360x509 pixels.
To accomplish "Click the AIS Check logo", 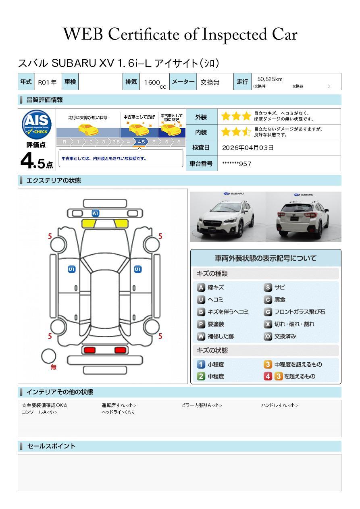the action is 37,125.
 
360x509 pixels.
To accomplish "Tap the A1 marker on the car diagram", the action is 96,213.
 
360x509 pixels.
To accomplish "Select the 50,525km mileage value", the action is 270,79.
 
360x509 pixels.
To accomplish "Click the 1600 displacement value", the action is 152,82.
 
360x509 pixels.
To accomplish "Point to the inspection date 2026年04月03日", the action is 248,148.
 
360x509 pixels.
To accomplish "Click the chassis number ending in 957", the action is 237,164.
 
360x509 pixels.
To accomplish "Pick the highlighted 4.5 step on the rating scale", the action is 141,142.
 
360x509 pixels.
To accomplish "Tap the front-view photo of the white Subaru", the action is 228,217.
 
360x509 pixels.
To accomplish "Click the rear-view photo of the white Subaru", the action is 304,217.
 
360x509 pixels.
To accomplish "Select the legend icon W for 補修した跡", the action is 201,336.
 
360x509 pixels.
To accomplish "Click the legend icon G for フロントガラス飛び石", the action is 268,312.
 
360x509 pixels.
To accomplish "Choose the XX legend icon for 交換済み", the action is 268,336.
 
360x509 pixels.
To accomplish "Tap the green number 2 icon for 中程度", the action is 201,376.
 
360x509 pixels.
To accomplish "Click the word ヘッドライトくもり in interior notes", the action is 118,412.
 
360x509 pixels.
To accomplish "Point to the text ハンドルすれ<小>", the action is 280,405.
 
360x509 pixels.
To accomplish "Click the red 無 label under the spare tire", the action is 54,367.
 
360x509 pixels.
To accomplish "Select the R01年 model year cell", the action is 47,82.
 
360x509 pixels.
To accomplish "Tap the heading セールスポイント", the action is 51,446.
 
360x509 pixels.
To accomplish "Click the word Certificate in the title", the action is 144,34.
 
